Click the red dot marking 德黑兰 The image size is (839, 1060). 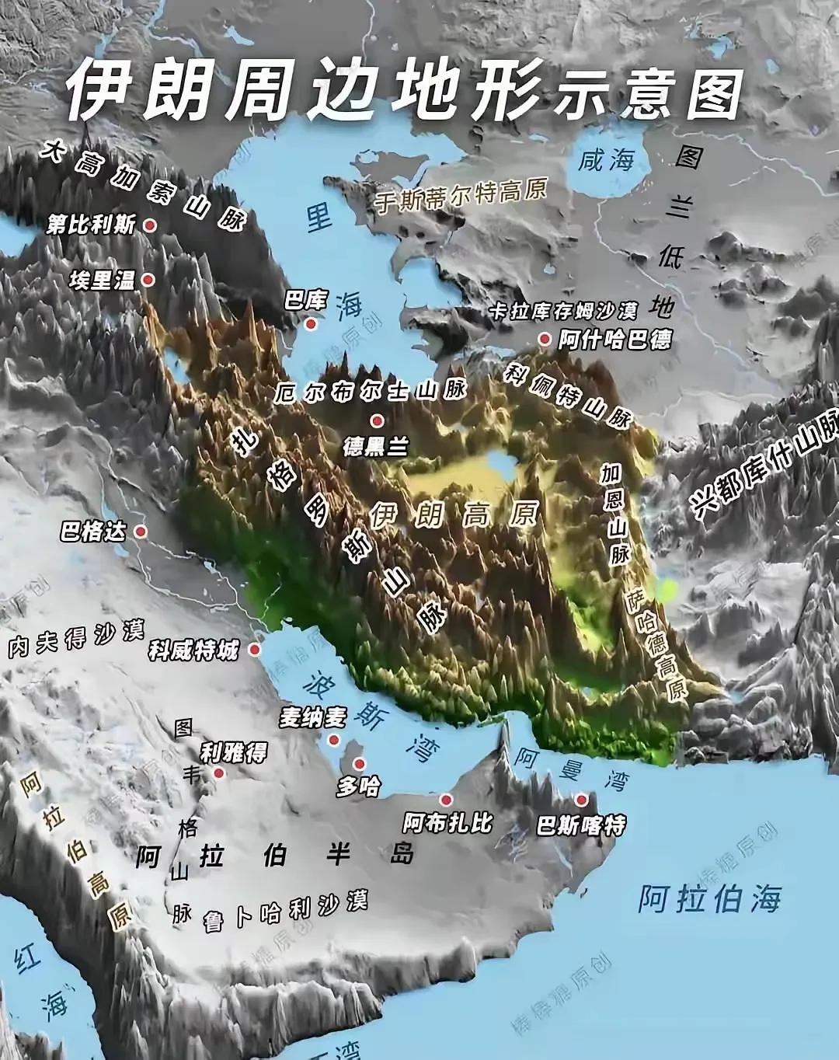[377, 421]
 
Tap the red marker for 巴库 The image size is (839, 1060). [311, 323]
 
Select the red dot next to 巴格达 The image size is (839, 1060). [141, 532]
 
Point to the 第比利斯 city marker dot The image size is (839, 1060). [151, 225]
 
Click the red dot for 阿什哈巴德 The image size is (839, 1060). [545, 339]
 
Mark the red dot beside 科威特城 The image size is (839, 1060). [255, 649]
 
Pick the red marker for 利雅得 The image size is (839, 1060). [219, 773]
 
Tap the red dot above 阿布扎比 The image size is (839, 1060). [446, 799]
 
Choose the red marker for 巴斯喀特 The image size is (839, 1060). [580, 800]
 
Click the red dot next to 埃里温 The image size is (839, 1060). [148, 280]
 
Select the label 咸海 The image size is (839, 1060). [606, 161]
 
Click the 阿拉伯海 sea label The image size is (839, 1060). [708, 898]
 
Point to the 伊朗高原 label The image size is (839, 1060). [454, 513]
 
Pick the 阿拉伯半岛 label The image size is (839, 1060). [275, 855]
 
